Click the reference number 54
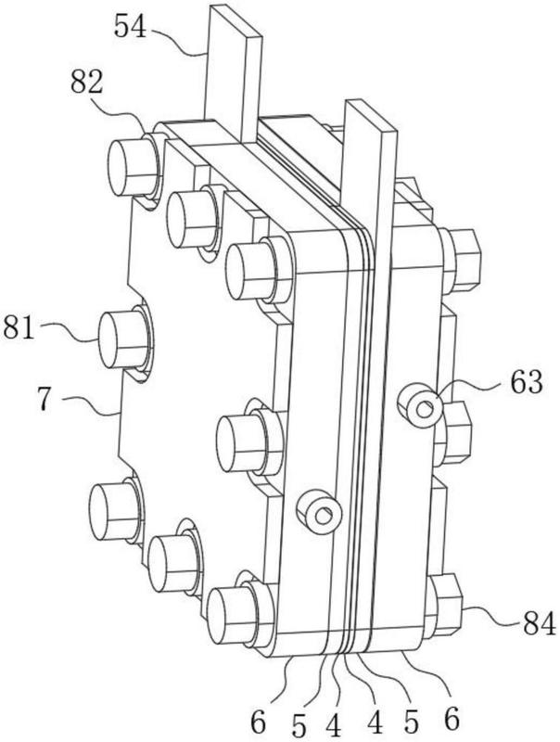click(x=131, y=27)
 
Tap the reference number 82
click(x=86, y=83)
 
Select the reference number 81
click(x=19, y=327)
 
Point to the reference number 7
click(x=45, y=401)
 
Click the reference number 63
click(x=526, y=382)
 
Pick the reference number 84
click(x=539, y=623)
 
